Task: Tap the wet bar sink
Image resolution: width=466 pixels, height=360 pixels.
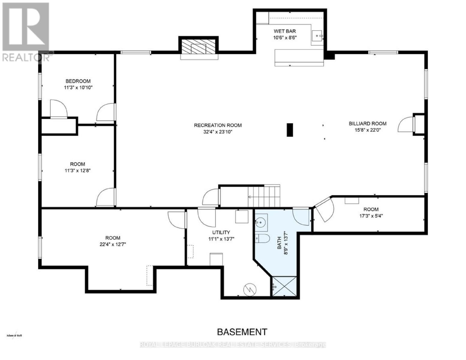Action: tap(317, 35)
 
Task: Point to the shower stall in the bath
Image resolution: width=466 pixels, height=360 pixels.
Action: tap(284, 286)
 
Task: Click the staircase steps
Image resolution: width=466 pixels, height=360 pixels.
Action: tap(264, 197)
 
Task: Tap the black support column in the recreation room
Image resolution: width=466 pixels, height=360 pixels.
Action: tap(290, 130)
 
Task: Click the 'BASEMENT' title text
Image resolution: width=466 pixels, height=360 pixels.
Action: tap(242, 332)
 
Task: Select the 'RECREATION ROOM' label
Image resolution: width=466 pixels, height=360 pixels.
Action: tap(218, 125)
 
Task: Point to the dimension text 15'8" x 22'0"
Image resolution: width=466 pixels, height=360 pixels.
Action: tap(368, 130)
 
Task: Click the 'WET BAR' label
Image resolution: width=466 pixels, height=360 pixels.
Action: tap(285, 31)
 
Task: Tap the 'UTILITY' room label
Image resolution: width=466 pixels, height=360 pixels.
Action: tap(221, 232)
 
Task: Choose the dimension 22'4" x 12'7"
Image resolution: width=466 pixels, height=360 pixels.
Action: tap(113, 244)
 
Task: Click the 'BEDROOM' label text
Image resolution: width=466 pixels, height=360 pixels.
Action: tap(78, 81)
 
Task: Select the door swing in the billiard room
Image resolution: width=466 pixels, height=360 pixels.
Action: tap(405, 124)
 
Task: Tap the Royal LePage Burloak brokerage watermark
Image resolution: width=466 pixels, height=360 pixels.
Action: tap(233, 345)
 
